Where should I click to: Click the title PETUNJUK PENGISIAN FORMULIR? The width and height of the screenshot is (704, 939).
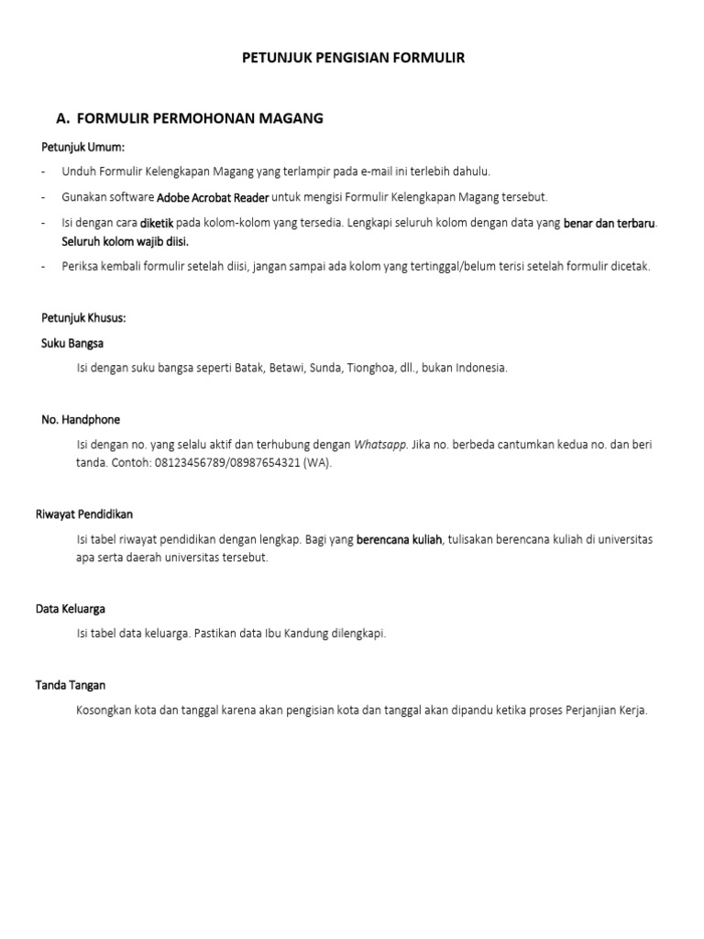[x=353, y=58]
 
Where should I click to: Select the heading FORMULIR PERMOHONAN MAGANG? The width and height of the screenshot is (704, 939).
[x=200, y=118]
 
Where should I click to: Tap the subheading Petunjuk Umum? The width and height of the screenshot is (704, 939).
[x=82, y=147]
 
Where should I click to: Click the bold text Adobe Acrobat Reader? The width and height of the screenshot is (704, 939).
[x=213, y=197]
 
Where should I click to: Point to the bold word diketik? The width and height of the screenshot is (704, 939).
[x=156, y=223]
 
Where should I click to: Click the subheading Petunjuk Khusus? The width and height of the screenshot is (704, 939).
[x=83, y=318]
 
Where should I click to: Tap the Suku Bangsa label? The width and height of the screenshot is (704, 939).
[x=72, y=343]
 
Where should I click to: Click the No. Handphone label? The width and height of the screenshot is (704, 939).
[x=81, y=419]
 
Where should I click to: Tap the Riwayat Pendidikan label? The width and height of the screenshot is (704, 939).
[x=87, y=514]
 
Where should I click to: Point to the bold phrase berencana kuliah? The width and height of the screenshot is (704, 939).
[x=399, y=540]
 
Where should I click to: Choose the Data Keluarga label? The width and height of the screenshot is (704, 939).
[x=79, y=609]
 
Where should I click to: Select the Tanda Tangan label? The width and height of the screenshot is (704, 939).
[x=71, y=685]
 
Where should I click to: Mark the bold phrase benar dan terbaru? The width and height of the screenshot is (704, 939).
[x=610, y=223]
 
